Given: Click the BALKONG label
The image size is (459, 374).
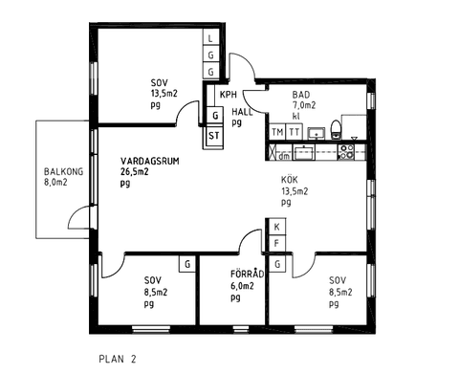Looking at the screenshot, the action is (x=63, y=172).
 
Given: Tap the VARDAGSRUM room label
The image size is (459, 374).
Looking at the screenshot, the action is (x=150, y=161).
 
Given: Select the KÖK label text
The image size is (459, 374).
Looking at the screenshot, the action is (x=290, y=180).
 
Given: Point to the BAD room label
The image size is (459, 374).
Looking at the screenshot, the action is (x=301, y=95).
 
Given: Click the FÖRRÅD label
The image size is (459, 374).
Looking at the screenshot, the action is (x=248, y=275).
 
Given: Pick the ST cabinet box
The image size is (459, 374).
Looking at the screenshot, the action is (x=214, y=136).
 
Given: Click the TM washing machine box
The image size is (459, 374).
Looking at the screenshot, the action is (x=277, y=132).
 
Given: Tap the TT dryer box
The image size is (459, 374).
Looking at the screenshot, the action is (x=294, y=132).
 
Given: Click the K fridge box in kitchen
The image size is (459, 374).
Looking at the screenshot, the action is (x=277, y=227).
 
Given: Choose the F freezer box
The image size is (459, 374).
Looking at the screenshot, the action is (x=277, y=244).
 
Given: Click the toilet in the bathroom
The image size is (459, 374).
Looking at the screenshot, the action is (x=336, y=130).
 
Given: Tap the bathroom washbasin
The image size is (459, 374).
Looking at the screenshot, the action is (x=317, y=133).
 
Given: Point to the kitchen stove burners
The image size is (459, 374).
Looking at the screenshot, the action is (x=346, y=152).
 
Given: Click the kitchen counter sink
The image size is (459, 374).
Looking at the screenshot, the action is (x=304, y=152).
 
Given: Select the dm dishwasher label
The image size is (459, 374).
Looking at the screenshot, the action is (x=284, y=156).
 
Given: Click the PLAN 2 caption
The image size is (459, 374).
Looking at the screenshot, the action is (x=118, y=359).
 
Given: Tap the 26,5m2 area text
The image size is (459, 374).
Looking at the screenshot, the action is (x=134, y=172).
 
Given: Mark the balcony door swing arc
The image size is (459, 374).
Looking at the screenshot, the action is (x=77, y=214).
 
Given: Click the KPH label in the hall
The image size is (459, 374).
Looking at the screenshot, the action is (x=229, y=95).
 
